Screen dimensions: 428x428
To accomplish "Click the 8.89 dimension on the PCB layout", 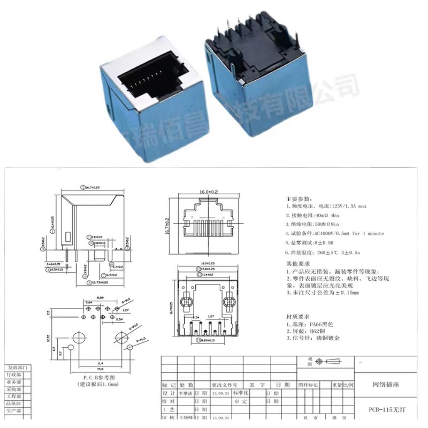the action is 100,297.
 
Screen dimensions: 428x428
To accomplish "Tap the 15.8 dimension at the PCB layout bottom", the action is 99,368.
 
